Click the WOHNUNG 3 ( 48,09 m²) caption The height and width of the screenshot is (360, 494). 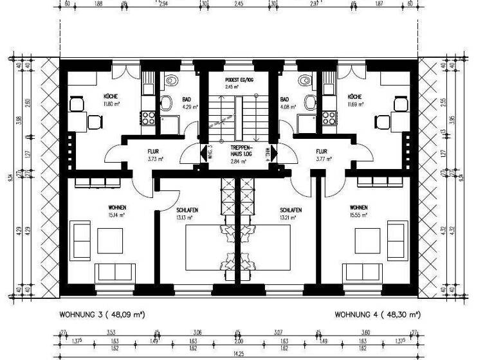101,315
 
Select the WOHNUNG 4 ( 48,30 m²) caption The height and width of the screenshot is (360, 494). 378,315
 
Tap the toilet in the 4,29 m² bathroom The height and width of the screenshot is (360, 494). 168,102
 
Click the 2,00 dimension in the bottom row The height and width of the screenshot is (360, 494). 239,340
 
